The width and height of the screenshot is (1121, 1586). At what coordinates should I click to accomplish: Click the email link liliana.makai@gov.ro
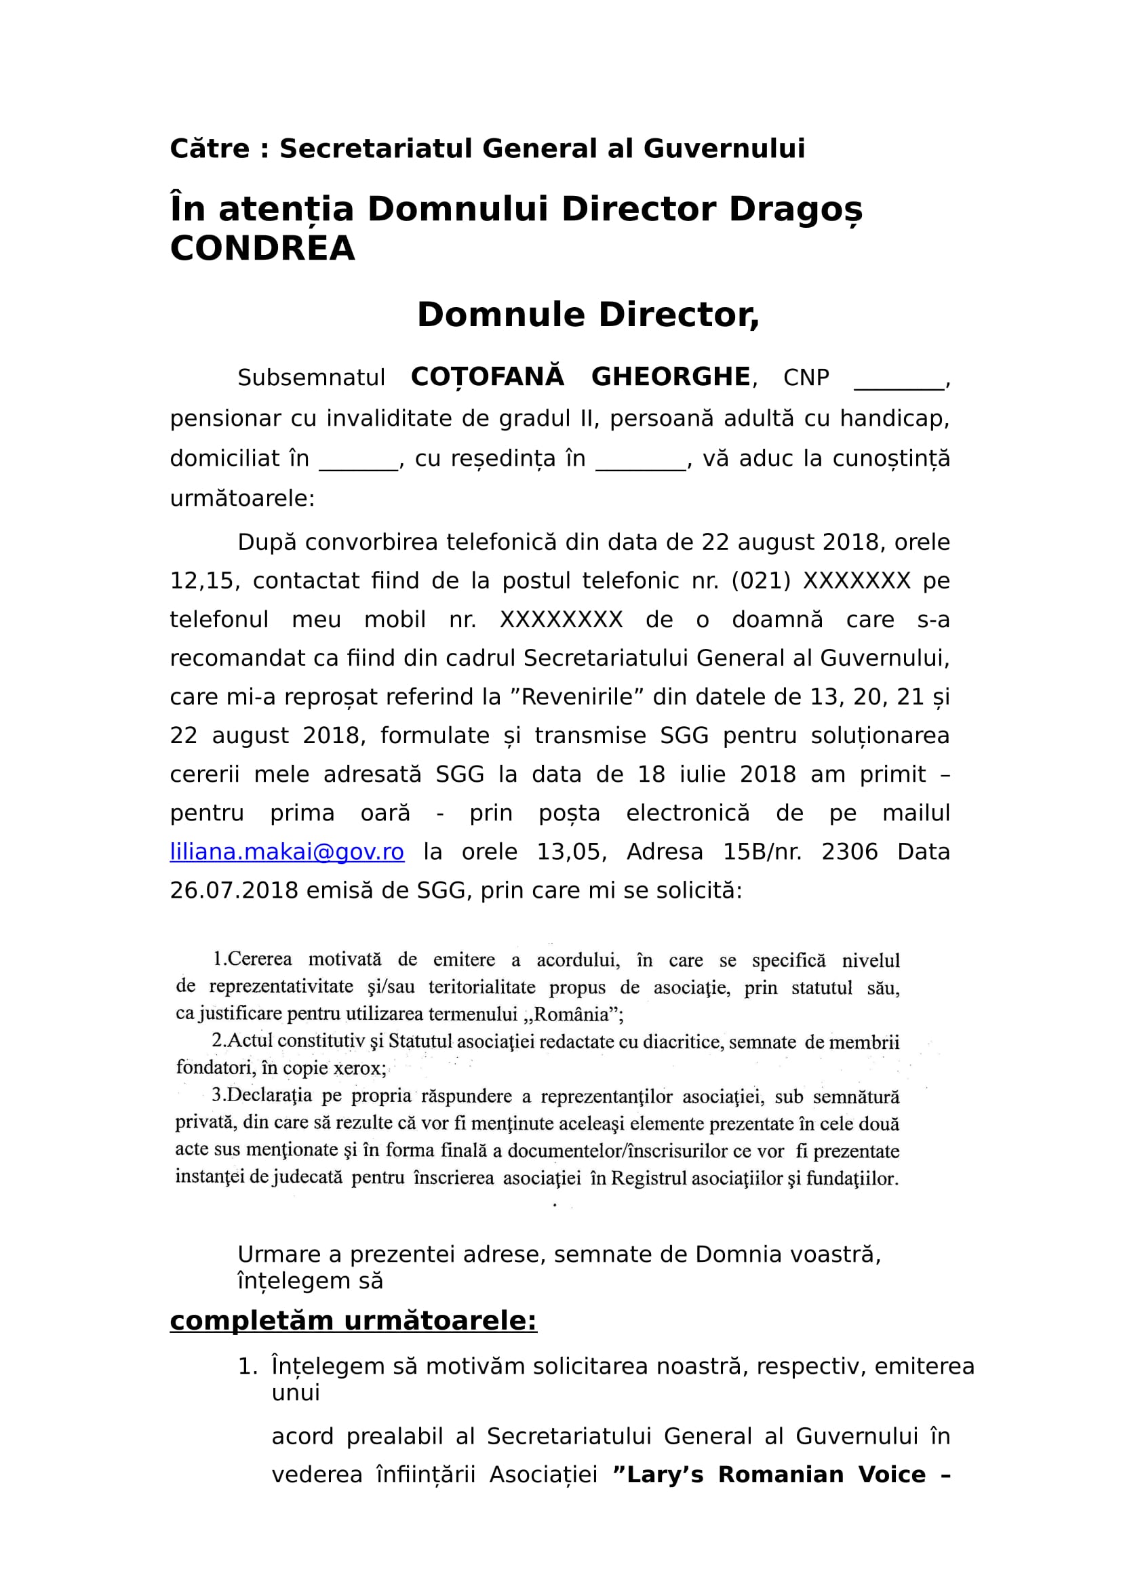tap(287, 852)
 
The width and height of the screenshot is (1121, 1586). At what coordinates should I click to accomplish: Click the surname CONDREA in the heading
tap(262, 249)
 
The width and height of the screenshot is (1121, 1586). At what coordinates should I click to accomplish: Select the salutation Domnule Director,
tap(588, 315)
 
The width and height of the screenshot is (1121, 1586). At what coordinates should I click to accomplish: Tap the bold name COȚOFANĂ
tap(487, 377)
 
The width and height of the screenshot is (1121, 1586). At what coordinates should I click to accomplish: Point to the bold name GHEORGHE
tap(671, 377)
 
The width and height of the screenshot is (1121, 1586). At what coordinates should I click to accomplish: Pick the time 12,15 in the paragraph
tap(202, 581)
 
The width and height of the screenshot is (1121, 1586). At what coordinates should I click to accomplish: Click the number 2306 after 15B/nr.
tap(849, 852)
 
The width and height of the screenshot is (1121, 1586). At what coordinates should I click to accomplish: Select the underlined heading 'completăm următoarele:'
tap(353, 1320)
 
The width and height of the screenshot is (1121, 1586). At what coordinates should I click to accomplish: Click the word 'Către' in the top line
tap(210, 149)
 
